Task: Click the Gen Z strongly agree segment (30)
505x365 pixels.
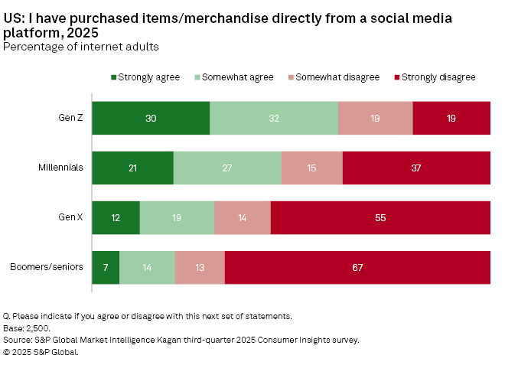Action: tap(151, 118)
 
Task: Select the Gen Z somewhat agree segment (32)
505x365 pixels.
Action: tap(274, 118)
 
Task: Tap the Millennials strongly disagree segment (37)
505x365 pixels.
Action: tap(416, 168)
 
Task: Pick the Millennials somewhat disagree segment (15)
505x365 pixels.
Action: tap(312, 168)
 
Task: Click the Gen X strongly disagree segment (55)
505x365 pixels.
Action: tap(380, 217)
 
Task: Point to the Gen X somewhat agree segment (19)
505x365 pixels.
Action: tap(177, 217)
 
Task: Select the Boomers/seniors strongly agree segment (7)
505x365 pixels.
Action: tap(106, 267)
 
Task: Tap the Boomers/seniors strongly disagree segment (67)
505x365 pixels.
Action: tap(357, 267)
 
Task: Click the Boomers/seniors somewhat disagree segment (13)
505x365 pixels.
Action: tap(200, 267)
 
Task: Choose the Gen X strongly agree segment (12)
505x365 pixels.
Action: tap(116, 217)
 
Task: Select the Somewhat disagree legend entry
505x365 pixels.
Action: tap(333, 77)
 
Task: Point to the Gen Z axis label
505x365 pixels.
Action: tap(70, 118)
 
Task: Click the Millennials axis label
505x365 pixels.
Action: tap(60, 168)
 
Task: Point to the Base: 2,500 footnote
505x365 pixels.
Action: tap(28, 328)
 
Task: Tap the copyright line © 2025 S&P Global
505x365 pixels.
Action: tap(41, 352)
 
